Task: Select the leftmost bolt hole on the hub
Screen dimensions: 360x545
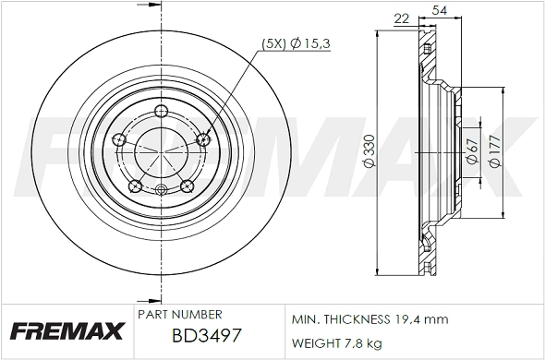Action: [118, 139]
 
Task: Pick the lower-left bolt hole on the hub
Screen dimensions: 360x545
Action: [135, 186]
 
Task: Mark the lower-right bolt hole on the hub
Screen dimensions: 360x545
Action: [187, 185]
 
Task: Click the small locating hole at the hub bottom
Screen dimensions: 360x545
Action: [161, 191]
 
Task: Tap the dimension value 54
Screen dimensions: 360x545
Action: [429, 10]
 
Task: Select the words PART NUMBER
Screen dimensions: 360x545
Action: [178, 315]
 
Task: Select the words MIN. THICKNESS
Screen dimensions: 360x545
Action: [338, 319]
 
